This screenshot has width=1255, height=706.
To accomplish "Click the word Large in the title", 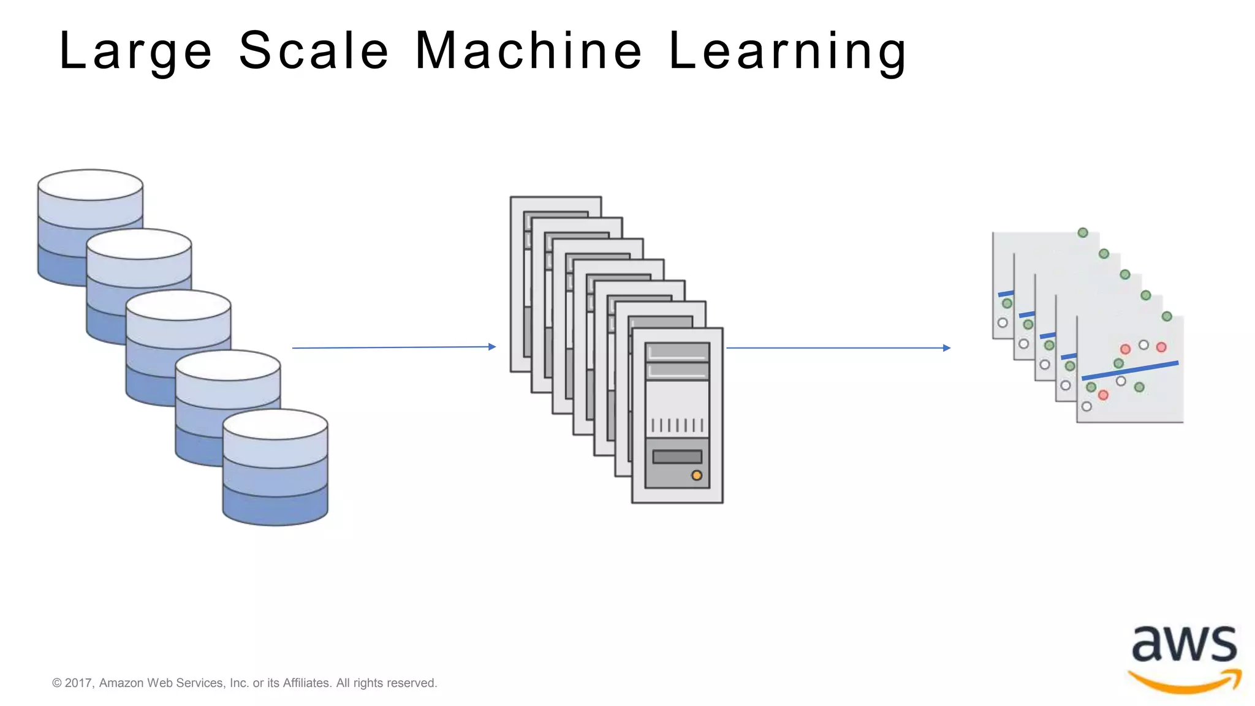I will (x=135, y=51).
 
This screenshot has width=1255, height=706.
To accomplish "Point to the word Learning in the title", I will (x=787, y=51).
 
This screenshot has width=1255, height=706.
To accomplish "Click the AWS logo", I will (x=1184, y=659).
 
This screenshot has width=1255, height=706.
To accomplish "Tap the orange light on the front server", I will (x=697, y=476).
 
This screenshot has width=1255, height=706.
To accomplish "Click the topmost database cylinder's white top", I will (x=90, y=184).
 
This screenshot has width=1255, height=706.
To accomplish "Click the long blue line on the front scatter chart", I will (x=1129, y=370).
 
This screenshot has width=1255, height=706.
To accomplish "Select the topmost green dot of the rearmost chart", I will (x=1083, y=233).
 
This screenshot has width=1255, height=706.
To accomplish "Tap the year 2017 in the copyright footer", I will (x=78, y=683).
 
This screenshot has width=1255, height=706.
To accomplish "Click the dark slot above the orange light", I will (x=677, y=457).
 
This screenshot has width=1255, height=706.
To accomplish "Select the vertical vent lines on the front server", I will (x=677, y=425).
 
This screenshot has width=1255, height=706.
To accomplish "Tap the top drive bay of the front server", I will (x=677, y=352).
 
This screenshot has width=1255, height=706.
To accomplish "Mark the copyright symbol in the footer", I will (x=57, y=683).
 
